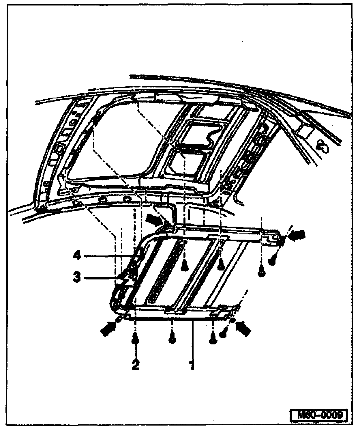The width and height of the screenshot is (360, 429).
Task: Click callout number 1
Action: point(192,364)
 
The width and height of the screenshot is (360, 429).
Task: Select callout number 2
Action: point(135,365)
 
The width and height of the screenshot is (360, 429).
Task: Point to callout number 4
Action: point(76,255)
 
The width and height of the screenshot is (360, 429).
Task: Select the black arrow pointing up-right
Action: point(108,328)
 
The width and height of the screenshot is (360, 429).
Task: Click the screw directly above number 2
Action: point(135,341)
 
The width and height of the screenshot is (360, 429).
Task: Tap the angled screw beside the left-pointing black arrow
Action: point(272,261)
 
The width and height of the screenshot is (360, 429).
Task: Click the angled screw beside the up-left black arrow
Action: point(222,334)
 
